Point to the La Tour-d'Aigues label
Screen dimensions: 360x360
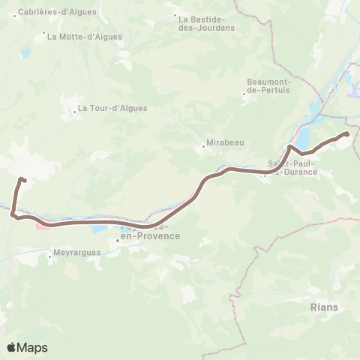pos(114,108)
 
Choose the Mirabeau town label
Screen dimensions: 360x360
pos(226,142)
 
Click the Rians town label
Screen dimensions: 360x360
pos(323,307)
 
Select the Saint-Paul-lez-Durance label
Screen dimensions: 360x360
pos(294,167)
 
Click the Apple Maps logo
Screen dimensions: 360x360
pos(27,347)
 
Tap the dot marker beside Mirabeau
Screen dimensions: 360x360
pos(204,147)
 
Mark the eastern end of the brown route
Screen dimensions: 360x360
pos(347,133)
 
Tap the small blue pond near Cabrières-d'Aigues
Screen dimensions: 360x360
pos(25,54)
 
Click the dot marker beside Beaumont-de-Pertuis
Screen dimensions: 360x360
pos(246,93)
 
